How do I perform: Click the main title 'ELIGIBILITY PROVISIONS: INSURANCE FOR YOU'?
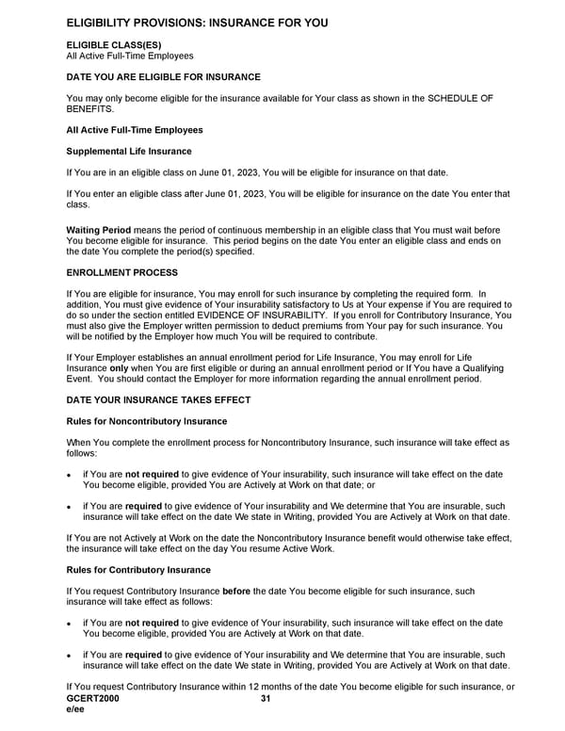(197, 22)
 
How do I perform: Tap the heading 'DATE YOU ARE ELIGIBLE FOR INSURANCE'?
(163, 77)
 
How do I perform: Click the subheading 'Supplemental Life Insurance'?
(128, 151)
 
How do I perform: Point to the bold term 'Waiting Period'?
(98, 230)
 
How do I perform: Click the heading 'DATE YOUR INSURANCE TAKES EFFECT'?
(158, 399)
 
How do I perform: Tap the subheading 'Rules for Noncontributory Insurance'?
(147, 420)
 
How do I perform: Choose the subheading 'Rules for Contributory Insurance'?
(138, 570)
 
